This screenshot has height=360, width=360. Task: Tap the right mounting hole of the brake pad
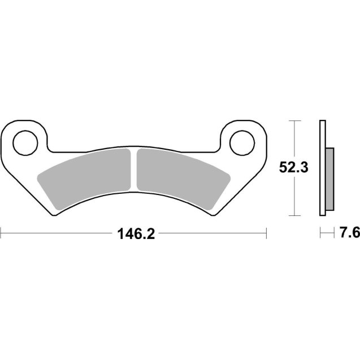tap(241, 141)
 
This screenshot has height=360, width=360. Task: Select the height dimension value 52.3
tap(294, 168)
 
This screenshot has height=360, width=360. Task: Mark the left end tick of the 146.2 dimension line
tap(1, 232)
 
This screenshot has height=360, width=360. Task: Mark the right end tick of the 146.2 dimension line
tap(266, 232)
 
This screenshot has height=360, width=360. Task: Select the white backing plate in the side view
tap(323, 168)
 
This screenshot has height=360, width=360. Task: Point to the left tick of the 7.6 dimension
tap(320, 232)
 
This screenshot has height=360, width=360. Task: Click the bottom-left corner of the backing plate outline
tap(55, 215)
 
